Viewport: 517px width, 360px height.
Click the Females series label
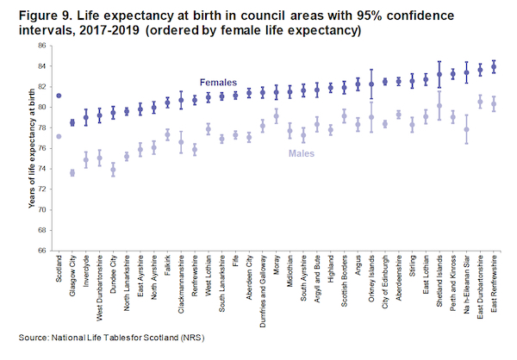pyautogui.click(x=221, y=83)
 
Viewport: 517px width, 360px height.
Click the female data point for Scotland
pyautogui.click(x=59, y=96)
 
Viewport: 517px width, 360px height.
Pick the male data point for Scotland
pyautogui.click(x=59, y=136)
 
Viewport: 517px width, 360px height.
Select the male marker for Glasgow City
pyautogui.click(x=72, y=173)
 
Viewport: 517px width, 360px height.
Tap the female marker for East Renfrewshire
pyautogui.click(x=494, y=66)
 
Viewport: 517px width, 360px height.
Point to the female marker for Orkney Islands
pyautogui.click(x=371, y=84)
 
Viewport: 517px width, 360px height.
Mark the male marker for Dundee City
pyautogui.click(x=113, y=170)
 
